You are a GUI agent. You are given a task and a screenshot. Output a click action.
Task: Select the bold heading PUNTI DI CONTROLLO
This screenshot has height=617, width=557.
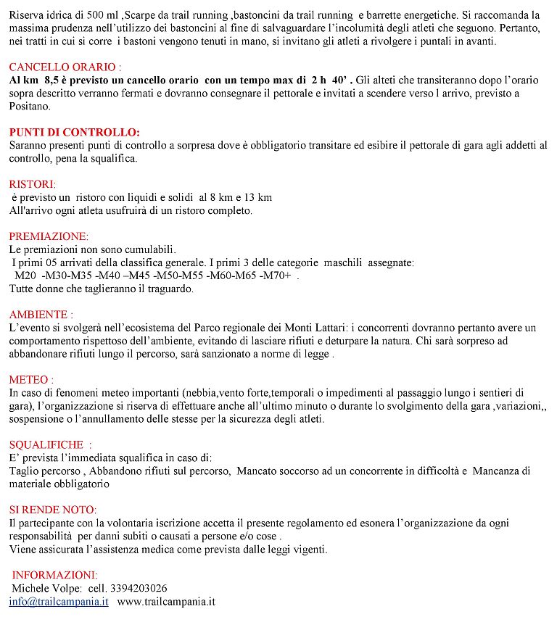point(74,133)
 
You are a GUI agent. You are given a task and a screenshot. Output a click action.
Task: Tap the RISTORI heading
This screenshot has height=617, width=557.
point(32,184)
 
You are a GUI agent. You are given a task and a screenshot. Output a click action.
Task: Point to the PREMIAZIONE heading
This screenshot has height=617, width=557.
point(48,236)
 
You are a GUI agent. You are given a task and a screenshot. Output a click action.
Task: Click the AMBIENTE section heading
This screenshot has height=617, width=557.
point(41,315)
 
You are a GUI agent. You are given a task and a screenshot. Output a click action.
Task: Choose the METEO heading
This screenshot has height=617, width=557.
point(31,379)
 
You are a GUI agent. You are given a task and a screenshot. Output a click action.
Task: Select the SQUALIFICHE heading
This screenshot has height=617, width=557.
point(50,444)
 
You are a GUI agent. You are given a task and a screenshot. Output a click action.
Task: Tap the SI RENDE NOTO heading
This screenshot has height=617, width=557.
point(52,510)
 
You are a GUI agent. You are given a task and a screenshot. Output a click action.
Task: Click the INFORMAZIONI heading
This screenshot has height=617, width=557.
point(54,574)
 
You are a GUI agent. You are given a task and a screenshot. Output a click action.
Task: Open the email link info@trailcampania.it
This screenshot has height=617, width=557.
point(59,601)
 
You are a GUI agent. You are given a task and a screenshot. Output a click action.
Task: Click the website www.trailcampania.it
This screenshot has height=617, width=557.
point(166,601)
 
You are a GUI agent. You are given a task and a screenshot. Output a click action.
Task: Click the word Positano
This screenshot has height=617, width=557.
point(30,106)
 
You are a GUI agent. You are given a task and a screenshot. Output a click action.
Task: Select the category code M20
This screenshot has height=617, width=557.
point(25,276)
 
